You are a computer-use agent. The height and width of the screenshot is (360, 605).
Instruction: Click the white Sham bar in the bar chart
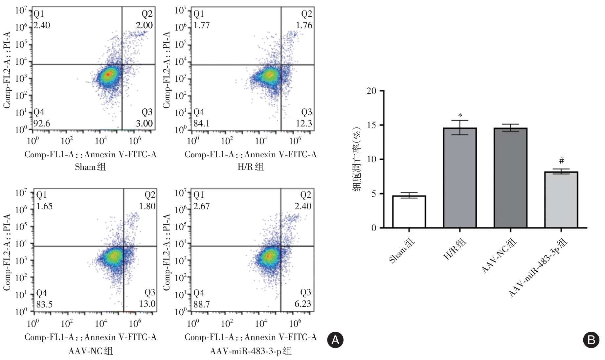409,212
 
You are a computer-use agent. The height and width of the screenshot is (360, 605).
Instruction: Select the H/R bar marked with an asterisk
459,178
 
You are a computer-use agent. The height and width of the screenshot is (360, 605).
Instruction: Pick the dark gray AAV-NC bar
510,178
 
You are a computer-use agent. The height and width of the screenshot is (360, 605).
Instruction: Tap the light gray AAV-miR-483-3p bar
561,200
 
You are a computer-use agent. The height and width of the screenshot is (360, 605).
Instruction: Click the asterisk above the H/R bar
460,115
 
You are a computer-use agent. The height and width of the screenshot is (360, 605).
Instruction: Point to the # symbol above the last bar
561,161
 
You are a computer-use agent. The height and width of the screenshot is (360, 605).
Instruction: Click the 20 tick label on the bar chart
371,91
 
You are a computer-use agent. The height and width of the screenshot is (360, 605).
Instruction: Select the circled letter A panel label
335,340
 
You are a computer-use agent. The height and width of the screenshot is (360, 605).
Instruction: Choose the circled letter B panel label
591,340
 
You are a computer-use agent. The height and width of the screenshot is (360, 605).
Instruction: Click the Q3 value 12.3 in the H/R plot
304,124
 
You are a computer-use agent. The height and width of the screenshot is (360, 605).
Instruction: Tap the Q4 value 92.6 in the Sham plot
42,124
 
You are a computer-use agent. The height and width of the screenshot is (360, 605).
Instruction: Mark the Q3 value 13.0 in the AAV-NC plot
147,304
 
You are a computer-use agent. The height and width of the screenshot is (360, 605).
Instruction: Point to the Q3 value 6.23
302,304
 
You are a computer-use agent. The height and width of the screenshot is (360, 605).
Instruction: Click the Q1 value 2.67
201,206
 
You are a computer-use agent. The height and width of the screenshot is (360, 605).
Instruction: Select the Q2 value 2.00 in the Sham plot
144,25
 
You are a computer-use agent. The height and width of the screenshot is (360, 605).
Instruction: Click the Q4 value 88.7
201,304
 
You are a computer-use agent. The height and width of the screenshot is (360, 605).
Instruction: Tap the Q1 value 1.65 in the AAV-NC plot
44,206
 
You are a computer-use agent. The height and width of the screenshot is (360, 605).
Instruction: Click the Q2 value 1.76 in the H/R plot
304,25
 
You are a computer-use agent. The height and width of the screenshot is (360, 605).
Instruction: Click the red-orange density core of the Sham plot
109,74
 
